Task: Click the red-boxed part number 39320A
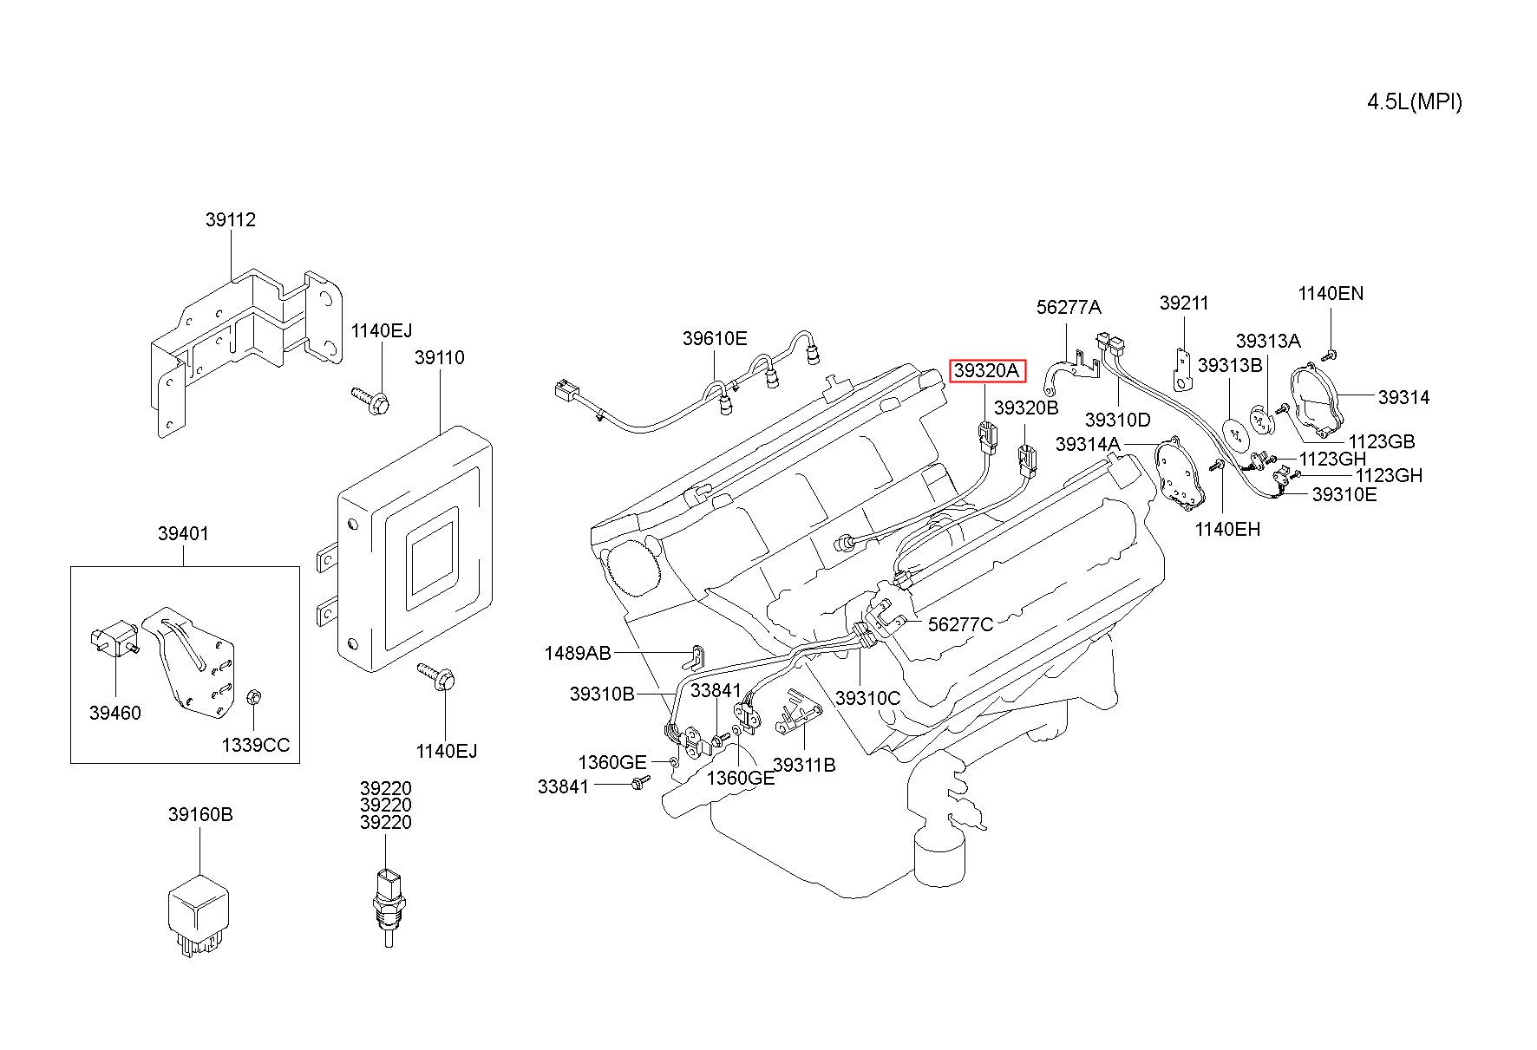click(987, 371)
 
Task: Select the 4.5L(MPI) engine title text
click(1415, 101)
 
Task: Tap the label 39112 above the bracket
click(231, 220)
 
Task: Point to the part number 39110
click(439, 357)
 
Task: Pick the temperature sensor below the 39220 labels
click(387, 903)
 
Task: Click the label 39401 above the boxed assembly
click(183, 533)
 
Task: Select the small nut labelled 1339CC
click(254, 697)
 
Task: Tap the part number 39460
click(114, 714)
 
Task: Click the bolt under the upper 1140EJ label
click(370, 400)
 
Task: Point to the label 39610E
click(715, 338)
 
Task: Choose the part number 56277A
click(1069, 307)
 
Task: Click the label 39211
click(1184, 303)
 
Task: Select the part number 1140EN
click(1331, 294)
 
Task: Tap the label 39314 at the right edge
click(1404, 397)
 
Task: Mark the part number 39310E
click(1344, 494)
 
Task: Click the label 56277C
click(961, 624)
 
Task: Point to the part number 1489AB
click(578, 653)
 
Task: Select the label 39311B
click(804, 765)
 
